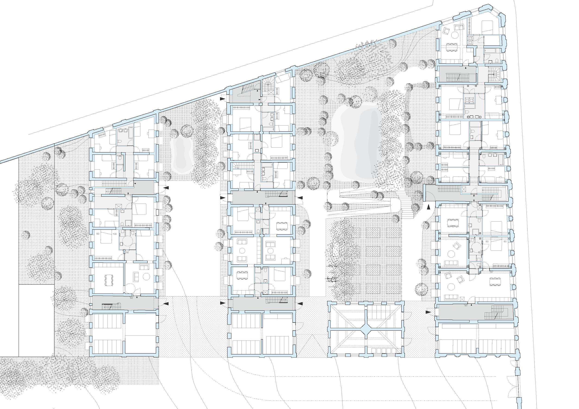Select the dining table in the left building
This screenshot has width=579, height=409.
coord(109,279)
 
